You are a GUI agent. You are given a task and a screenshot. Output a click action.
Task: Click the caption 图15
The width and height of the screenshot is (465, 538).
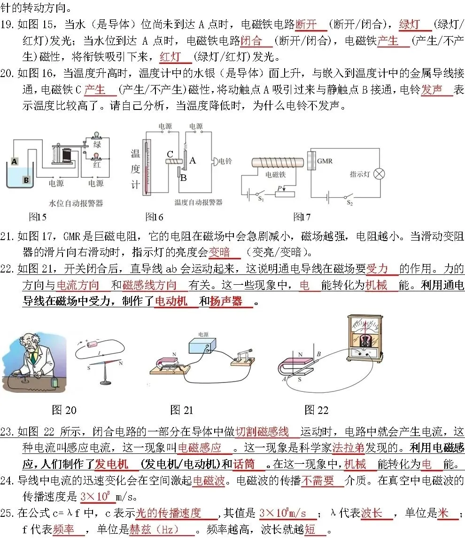coord(38,217)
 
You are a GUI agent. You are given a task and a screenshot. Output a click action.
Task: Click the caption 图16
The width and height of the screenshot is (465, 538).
coord(154,217)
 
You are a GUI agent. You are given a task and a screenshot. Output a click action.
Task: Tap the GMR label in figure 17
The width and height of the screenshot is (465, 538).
coord(325,161)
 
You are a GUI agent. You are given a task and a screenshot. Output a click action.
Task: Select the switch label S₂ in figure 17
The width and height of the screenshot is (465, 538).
coord(349,203)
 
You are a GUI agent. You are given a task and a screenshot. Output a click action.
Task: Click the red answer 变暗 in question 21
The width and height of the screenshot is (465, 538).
coord(219,252)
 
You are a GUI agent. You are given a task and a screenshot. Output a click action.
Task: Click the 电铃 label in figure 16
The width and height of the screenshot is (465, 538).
coord(225,161)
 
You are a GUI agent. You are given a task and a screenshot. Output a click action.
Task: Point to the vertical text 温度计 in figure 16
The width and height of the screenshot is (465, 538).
coord(135,169)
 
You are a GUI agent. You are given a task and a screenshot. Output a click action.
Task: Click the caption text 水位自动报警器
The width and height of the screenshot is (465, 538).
coord(76,203)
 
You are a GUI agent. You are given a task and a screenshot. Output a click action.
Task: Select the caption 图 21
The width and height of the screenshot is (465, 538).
coord(182,410)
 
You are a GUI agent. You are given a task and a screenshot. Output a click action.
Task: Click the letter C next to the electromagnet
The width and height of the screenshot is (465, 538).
coord(170,154)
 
